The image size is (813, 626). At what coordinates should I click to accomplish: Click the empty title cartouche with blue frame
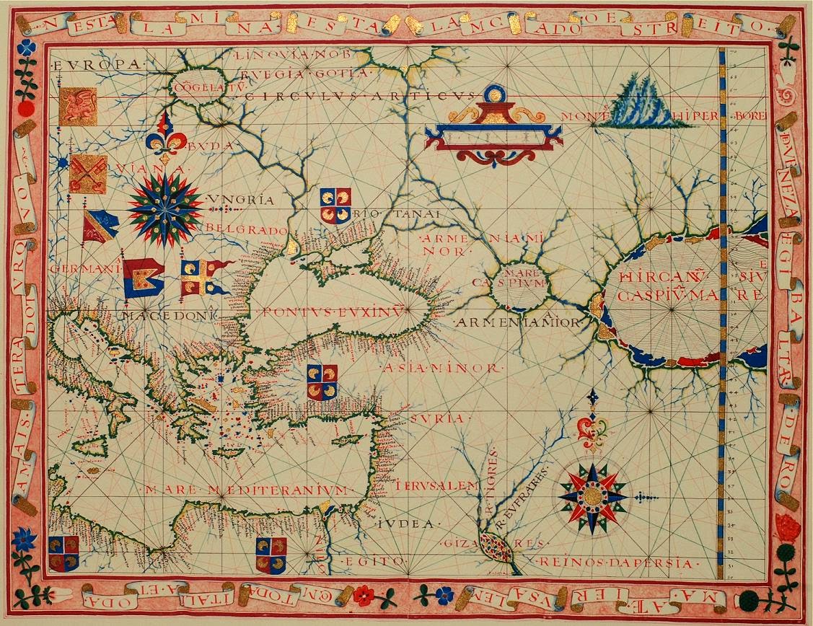493,136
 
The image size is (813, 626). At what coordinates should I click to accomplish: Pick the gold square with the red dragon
78,106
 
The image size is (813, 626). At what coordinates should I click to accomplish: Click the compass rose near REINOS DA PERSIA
593,495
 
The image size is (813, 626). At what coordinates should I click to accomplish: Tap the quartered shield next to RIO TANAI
335,206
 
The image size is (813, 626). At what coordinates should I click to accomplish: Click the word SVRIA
436,418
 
